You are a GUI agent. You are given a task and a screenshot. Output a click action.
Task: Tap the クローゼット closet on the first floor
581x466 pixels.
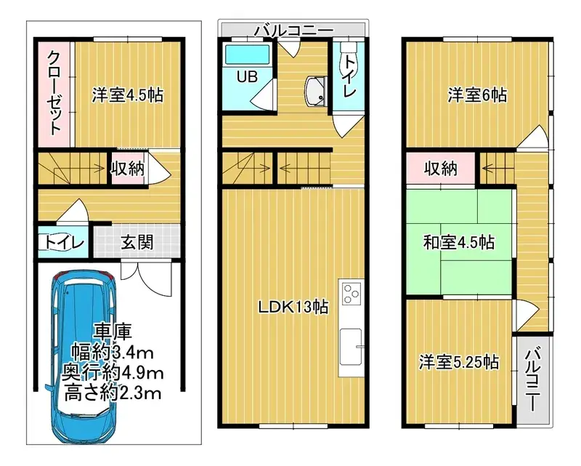(54, 93)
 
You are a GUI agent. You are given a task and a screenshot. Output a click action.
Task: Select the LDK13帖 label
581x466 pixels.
(293, 307)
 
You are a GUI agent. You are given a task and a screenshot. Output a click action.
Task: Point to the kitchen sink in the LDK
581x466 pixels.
(351, 346)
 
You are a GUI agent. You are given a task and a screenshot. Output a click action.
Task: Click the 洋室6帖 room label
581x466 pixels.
(476, 95)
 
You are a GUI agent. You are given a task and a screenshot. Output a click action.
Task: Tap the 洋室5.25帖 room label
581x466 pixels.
(458, 361)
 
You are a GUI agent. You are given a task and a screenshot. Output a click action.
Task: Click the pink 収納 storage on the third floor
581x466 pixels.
(441, 169)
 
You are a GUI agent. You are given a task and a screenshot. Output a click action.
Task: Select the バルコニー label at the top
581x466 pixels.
(293, 30)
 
